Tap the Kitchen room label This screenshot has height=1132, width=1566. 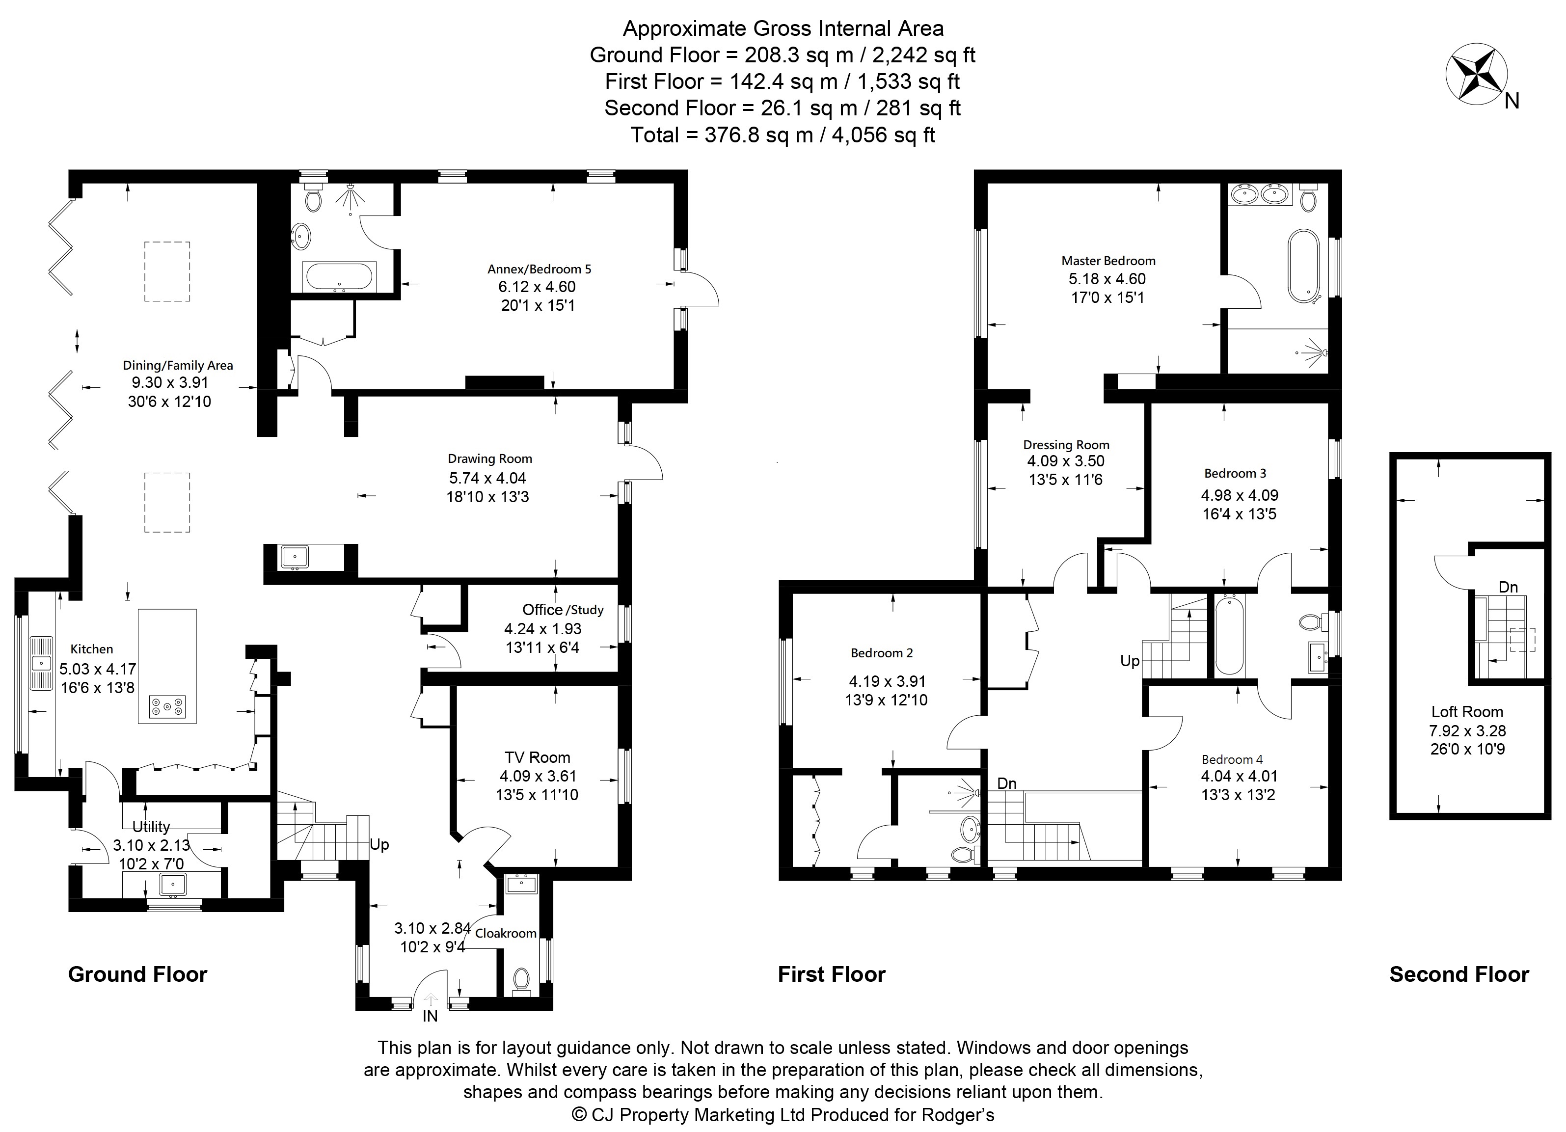pyautogui.click(x=92, y=649)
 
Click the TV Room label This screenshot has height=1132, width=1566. pyautogui.click(x=537, y=757)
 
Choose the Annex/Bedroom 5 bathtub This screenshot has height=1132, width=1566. pyautogui.click(x=340, y=277)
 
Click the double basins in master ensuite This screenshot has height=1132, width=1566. pyautogui.click(x=1260, y=195)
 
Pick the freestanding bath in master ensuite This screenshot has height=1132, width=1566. pyautogui.click(x=1304, y=266)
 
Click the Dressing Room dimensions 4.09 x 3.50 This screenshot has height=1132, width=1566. pyautogui.click(x=1065, y=461)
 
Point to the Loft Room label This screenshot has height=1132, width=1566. pyautogui.click(x=1466, y=712)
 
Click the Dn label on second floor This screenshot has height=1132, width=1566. pyautogui.click(x=1508, y=588)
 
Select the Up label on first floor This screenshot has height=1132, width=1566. pyautogui.click(x=1130, y=661)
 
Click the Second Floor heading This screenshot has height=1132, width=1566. pyautogui.click(x=1458, y=974)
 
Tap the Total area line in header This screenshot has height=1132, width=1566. pyautogui.click(x=783, y=135)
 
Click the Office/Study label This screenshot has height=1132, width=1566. pyautogui.click(x=562, y=610)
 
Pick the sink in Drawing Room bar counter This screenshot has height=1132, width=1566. pyautogui.click(x=295, y=556)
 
